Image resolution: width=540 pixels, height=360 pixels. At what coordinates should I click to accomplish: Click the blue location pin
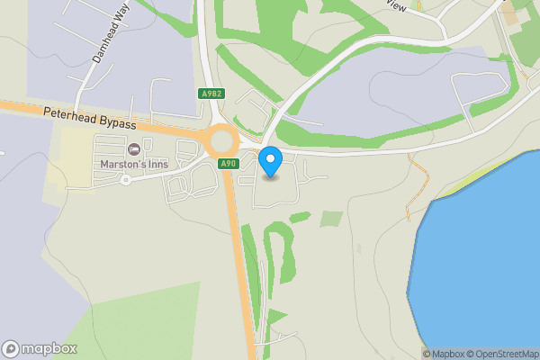270,162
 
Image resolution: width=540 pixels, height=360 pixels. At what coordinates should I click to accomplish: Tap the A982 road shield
212,94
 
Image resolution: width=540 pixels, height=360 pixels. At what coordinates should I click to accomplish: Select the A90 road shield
229,163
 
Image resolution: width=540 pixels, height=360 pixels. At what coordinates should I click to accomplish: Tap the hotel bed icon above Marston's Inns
134,148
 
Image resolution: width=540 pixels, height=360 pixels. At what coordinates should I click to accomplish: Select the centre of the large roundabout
221,140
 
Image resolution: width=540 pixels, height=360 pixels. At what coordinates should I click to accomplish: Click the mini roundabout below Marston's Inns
126,179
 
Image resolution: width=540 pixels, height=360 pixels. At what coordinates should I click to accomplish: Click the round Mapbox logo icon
12,349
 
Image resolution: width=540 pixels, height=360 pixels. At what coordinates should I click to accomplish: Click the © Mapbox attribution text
446,354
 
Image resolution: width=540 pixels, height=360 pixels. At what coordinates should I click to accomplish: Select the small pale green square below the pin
332,219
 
